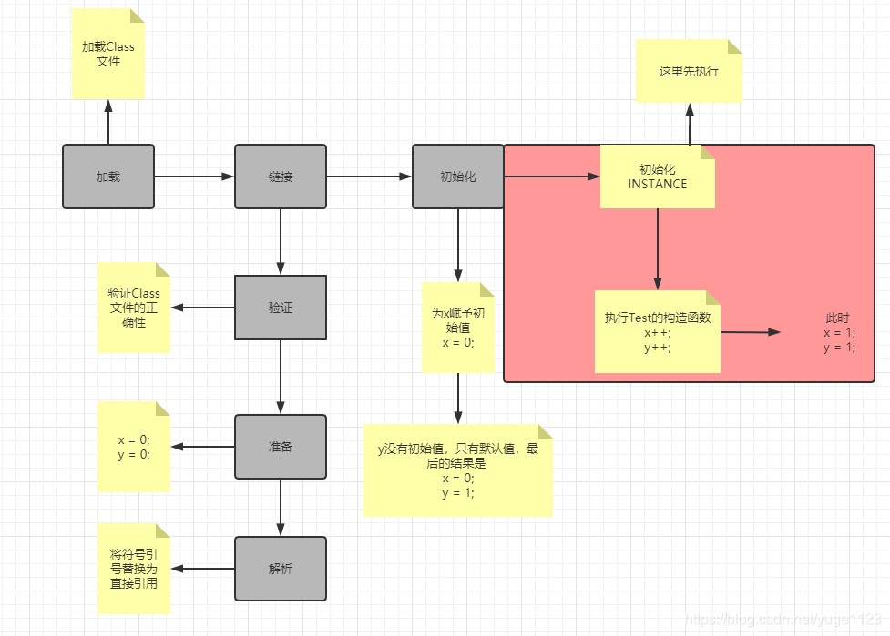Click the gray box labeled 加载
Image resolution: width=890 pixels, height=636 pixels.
(x=108, y=177)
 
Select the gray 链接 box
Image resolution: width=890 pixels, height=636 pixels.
(x=281, y=177)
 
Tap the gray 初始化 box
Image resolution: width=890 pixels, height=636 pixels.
(x=457, y=177)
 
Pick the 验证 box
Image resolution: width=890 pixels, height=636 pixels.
(x=281, y=308)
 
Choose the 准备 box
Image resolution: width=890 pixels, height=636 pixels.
(x=281, y=447)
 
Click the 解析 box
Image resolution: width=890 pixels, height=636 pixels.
(x=281, y=569)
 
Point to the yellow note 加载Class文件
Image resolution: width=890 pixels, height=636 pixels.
(x=108, y=55)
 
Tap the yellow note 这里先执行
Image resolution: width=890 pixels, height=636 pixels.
(x=689, y=71)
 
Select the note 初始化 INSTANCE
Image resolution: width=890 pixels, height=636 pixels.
(x=658, y=177)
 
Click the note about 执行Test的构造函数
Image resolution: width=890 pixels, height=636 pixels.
(x=658, y=332)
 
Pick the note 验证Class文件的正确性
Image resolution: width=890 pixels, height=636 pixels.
(x=134, y=308)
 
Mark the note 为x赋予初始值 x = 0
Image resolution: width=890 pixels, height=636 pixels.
(x=457, y=328)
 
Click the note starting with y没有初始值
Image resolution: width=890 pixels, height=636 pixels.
(x=458, y=470)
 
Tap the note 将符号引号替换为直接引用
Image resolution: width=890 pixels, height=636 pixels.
(x=134, y=569)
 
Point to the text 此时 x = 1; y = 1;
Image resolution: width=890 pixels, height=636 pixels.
(x=838, y=333)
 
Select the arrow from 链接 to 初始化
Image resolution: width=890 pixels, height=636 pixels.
(x=369, y=177)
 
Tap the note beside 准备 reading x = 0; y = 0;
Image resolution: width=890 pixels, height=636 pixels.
(x=134, y=447)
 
